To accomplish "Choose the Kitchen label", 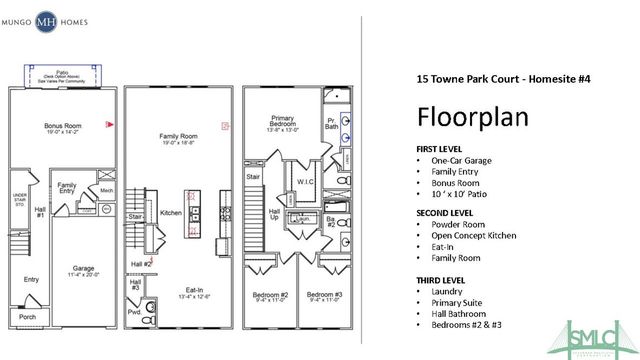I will tap(171, 213).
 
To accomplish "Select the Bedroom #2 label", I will tap(269, 295).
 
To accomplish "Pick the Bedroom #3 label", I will tap(324, 295).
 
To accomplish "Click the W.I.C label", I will tap(306, 182).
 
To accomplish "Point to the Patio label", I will tap(63, 72).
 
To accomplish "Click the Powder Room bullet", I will tap(458, 226).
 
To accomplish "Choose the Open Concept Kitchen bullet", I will tap(476, 237).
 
